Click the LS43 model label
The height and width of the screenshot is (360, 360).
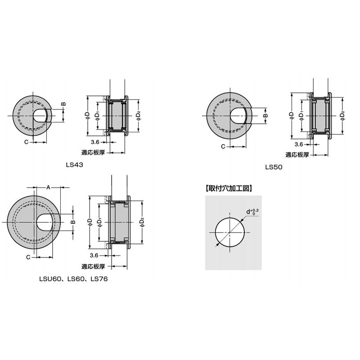click(x=74, y=165)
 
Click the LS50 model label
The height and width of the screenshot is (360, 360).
click(x=274, y=167)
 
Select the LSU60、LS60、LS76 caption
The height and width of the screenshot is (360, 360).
click(x=73, y=279)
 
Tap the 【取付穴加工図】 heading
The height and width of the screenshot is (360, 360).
click(x=229, y=189)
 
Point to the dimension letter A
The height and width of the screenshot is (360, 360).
click(x=48, y=188)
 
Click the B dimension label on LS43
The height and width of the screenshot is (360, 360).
click(x=63, y=104)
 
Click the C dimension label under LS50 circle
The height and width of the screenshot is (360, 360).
click(x=223, y=147)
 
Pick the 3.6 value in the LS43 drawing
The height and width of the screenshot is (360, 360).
click(x=95, y=142)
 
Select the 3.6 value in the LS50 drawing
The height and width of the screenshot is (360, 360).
click(x=299, y=144)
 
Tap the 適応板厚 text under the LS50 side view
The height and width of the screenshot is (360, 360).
click(x=297, y=155)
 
